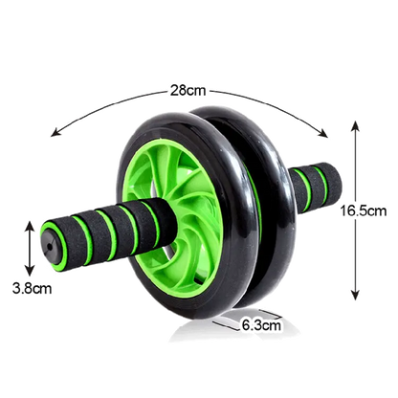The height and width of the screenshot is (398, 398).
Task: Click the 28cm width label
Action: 187,92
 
